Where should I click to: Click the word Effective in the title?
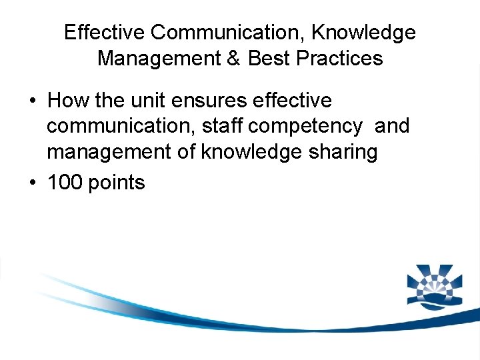point(104,32)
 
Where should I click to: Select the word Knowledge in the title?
point(364,32)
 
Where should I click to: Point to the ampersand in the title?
point(233,58)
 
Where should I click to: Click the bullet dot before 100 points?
point(33,182)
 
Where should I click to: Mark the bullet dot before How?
point(33,101)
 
